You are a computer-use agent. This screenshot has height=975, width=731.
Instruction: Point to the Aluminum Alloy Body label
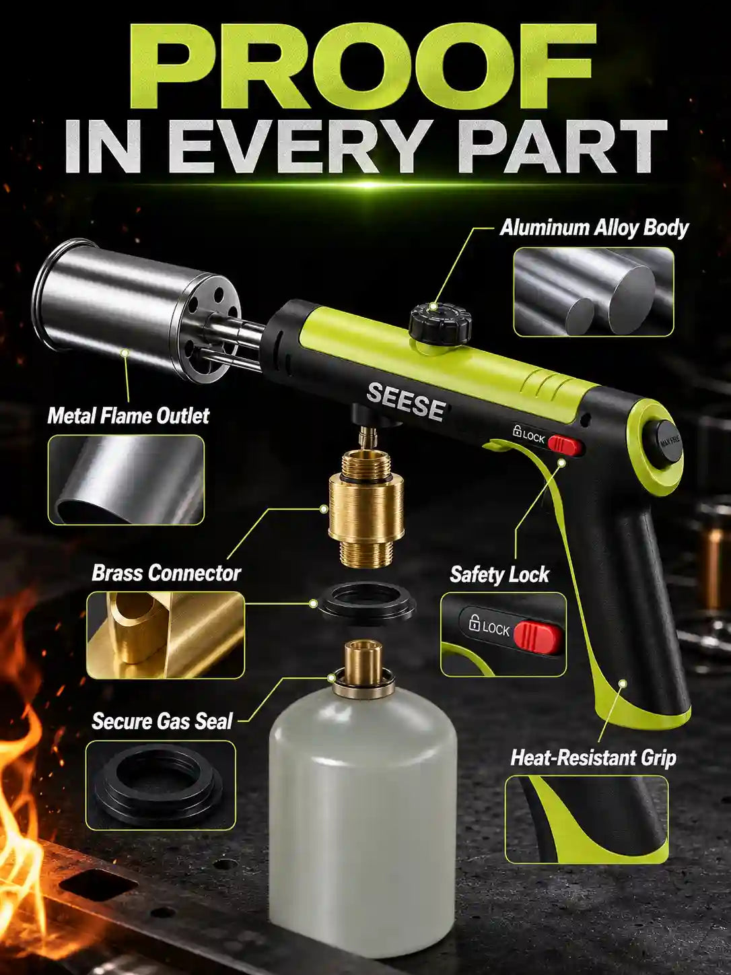pyautogui.click(x=594, y=228)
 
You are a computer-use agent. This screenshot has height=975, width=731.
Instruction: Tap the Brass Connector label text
pyautogui.click(x=166, y=573)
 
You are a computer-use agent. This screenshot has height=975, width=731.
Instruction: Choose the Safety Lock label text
pyautogui.click(x=499, y=574)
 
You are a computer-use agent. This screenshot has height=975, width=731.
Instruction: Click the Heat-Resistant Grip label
pyautogui.click(x=593, y=758)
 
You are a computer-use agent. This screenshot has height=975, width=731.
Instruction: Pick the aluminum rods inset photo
pyautogui.click(x=594, y=292)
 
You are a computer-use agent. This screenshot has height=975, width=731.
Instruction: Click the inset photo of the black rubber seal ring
pyautogui.click(x=161, y=786)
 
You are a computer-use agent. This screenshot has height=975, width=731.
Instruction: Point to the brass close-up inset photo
pyautogui.click(x=166, y=635)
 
